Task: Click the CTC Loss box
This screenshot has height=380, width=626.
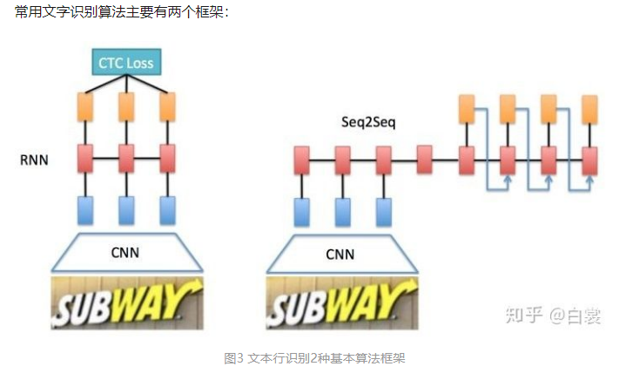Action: pyautogui.click(x=126, y=63)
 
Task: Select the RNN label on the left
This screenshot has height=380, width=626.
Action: pyautogui.click(x=34, y=160)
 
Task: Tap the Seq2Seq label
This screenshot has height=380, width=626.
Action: pyautogui.click(x=367, y=123)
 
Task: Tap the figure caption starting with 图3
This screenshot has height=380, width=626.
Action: pyautogui.click(x=315, y=358)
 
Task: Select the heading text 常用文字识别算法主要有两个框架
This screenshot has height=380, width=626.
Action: pyautogui.click(x=122, y=13)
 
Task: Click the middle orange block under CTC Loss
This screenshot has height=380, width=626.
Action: pyautogui.click(x=126, y=107)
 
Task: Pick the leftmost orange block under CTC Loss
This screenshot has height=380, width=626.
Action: pyautogui.click(x=85, y=107)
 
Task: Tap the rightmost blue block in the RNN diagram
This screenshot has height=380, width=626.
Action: pyautogui.click(x=167, y=210)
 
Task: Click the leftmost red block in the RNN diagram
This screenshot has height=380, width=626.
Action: pyautogui.click(x=85, y=159)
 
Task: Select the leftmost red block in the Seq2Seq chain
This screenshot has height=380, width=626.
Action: pyautogui.click(x=301, y=160)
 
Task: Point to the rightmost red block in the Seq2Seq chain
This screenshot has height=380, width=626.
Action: pyautogui.click(x=589, y=160)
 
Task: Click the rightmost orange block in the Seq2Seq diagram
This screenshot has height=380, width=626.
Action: pyautogui.click(x=589, y=110)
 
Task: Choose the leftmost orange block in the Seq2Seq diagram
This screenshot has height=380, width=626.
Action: pyautogui.click(x=466, y=110)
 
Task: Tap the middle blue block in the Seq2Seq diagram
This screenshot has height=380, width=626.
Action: pyautogui.click(x=343, y=212)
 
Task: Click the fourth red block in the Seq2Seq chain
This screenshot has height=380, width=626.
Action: pyautogui.click(x=425, y=160)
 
